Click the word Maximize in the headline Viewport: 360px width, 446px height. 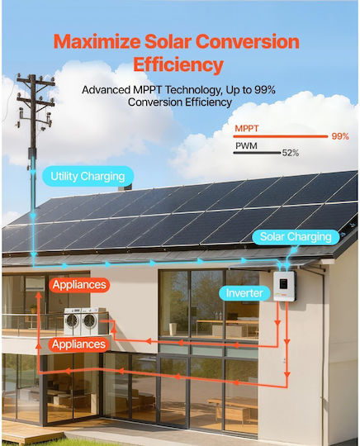[x=97, y=41]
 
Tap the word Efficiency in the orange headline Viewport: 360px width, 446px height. [x=178, y=65]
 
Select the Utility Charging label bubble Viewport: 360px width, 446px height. [x=88, y=177]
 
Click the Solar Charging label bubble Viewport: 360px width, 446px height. [x=296, y=237]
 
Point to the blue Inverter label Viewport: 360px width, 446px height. [x=244, y=293]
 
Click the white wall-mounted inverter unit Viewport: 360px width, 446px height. [x=285, y=286]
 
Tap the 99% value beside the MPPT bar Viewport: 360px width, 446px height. [x=340, y=136]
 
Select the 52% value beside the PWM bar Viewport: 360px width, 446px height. [x=291, y=153]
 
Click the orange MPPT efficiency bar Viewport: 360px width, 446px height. [x=281, y=136]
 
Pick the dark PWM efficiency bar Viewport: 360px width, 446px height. [x=257, y=153]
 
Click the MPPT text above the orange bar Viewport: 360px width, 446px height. [x=247, y=129]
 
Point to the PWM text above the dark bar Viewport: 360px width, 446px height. [x=246, y=145]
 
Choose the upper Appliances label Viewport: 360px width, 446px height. [x=79, y=285]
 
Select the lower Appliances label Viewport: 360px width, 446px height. [x=78, y=344]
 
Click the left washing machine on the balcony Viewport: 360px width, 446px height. [x=73, y=321]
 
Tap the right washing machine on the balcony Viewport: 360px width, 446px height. [x=90, y=321]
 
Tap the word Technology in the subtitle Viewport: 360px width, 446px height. [x=193, y=90]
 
